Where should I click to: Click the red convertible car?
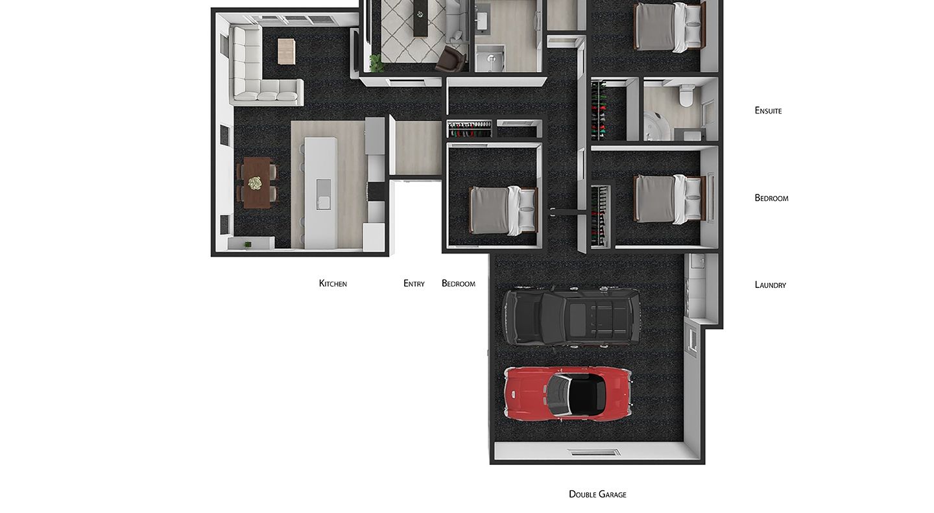568,393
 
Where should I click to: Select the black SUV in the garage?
571,316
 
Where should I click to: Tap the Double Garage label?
597,494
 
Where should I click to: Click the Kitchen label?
333,283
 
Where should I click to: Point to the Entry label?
414,283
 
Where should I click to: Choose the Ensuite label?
768,110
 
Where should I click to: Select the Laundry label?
770,285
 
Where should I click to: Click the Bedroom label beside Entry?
458,283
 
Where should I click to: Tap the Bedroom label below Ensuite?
771,198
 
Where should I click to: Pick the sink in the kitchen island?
324,195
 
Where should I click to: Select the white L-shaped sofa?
259,71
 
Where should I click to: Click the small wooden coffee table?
287,52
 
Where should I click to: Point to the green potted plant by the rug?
376,62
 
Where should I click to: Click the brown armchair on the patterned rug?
451,59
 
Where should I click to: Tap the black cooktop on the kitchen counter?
376,191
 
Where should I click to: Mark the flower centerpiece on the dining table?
254,183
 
